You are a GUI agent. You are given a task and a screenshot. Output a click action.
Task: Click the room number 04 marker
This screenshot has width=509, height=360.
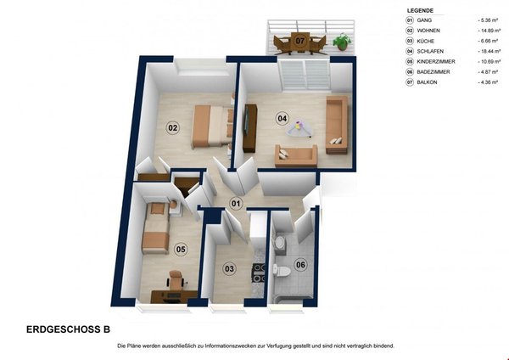tap(282, 118)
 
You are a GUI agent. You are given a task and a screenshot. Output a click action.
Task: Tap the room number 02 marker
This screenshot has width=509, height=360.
tap(172, 127)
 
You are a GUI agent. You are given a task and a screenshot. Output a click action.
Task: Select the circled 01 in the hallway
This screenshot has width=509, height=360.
tap(236, 204)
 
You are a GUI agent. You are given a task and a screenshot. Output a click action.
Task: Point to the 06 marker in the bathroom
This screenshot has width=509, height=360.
tap(300, 265)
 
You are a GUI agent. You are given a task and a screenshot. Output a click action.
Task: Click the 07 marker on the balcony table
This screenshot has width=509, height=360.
tap(300, 41)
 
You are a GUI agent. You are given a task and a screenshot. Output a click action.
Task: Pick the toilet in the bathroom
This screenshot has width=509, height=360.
tap(280, 272)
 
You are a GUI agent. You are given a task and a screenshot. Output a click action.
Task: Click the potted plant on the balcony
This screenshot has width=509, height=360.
tap(342, 42)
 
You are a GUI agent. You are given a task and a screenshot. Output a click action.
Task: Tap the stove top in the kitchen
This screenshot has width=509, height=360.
tap(259, 273)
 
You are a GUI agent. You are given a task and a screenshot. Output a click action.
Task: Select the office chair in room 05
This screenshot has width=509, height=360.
tap(176, 280)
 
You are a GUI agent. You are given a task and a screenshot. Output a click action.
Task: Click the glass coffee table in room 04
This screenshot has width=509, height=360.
tap(299, 127)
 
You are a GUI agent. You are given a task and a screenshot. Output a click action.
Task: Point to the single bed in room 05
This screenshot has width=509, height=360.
tap(156, 228)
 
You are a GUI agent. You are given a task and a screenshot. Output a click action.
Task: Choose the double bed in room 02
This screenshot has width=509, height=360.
tap(211, 127)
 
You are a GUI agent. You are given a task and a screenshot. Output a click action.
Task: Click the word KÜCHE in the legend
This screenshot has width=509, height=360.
tap(426, 41)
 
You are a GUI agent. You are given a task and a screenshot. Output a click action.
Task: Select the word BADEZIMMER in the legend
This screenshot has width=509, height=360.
tap(433, 72)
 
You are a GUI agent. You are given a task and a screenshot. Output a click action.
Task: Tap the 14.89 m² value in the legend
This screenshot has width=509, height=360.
tap(489, 31)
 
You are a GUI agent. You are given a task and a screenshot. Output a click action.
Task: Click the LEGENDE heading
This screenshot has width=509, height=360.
tap(420, 11)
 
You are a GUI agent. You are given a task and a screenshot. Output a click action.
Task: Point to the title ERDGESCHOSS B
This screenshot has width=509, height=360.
tap(68, 329)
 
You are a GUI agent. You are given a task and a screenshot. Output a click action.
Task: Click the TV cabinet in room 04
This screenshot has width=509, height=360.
tap(249, 128)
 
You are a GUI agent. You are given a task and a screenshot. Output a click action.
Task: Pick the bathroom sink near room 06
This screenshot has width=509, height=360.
tap(279, 242)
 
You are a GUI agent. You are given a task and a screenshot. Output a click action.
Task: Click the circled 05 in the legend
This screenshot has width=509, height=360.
tap(410, 61)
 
